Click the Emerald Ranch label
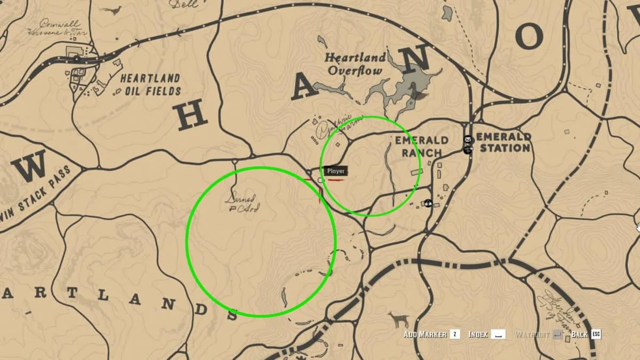pos(421,147)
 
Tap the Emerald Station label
pos(505,142)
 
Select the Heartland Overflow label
pos(355,64)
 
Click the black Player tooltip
pos(336,171)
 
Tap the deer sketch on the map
pos(398,320)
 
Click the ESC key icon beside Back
pos(596,334)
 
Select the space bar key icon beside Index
pos(498,334)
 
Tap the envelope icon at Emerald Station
pos(468,140)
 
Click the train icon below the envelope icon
pos(468,150)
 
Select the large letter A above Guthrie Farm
pos(304,84)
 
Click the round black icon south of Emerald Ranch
pos(428,203)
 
